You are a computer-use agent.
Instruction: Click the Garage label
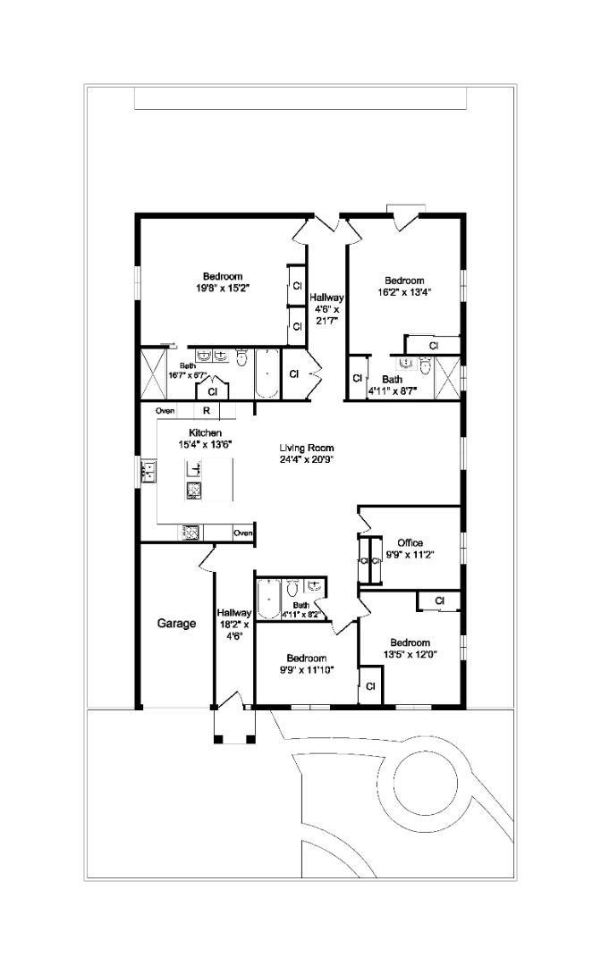pyautogui.click(x=176, y=624)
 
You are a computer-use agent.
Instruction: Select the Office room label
pyautogui.click(x=410, y=543)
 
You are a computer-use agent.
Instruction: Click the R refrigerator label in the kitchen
pyautogui.click(x=206, y=411)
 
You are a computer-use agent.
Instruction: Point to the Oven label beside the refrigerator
pyautogui.click(x=165, y=411)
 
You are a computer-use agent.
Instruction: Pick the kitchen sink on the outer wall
pyautogui.click(x=148, y=471)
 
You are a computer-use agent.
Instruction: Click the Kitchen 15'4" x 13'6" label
pyautogui.click(x=198, y=438)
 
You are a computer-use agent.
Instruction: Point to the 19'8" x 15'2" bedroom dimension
pyautogui.click(x=222, y=288)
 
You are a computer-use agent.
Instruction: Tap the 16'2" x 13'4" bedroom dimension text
pyautogui.click(x=404, y=292)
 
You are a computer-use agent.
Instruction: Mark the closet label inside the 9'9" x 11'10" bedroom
pyautogui.click(x=370, y=686)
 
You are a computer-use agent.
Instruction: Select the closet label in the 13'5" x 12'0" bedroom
pyautogui.click(x=439, y=601)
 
